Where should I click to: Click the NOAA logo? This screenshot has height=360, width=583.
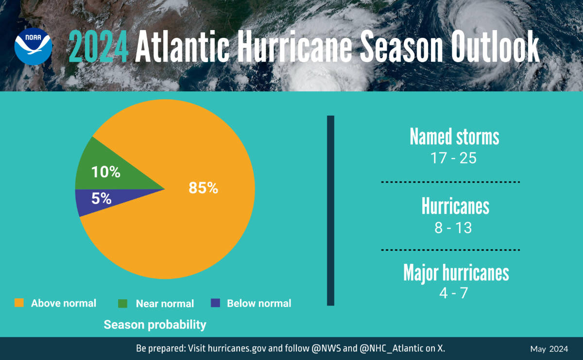(33, 47)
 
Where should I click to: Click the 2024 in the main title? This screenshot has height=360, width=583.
(99, 47)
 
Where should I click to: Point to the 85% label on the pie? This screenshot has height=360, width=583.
(203, 188)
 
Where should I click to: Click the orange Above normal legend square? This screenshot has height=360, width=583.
(18, 303)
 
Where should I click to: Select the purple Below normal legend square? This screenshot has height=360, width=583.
(215, 303)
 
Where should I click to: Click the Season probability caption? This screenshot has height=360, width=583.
(155, 325)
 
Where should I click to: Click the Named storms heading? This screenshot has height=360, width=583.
(454, 137)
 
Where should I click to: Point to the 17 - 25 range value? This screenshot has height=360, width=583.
(454, 158)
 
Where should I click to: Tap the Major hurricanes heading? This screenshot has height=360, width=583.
(456, 273)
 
